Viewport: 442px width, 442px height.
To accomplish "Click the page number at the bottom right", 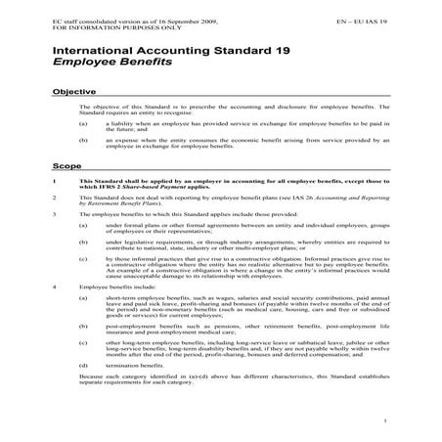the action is coord(387,420).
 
